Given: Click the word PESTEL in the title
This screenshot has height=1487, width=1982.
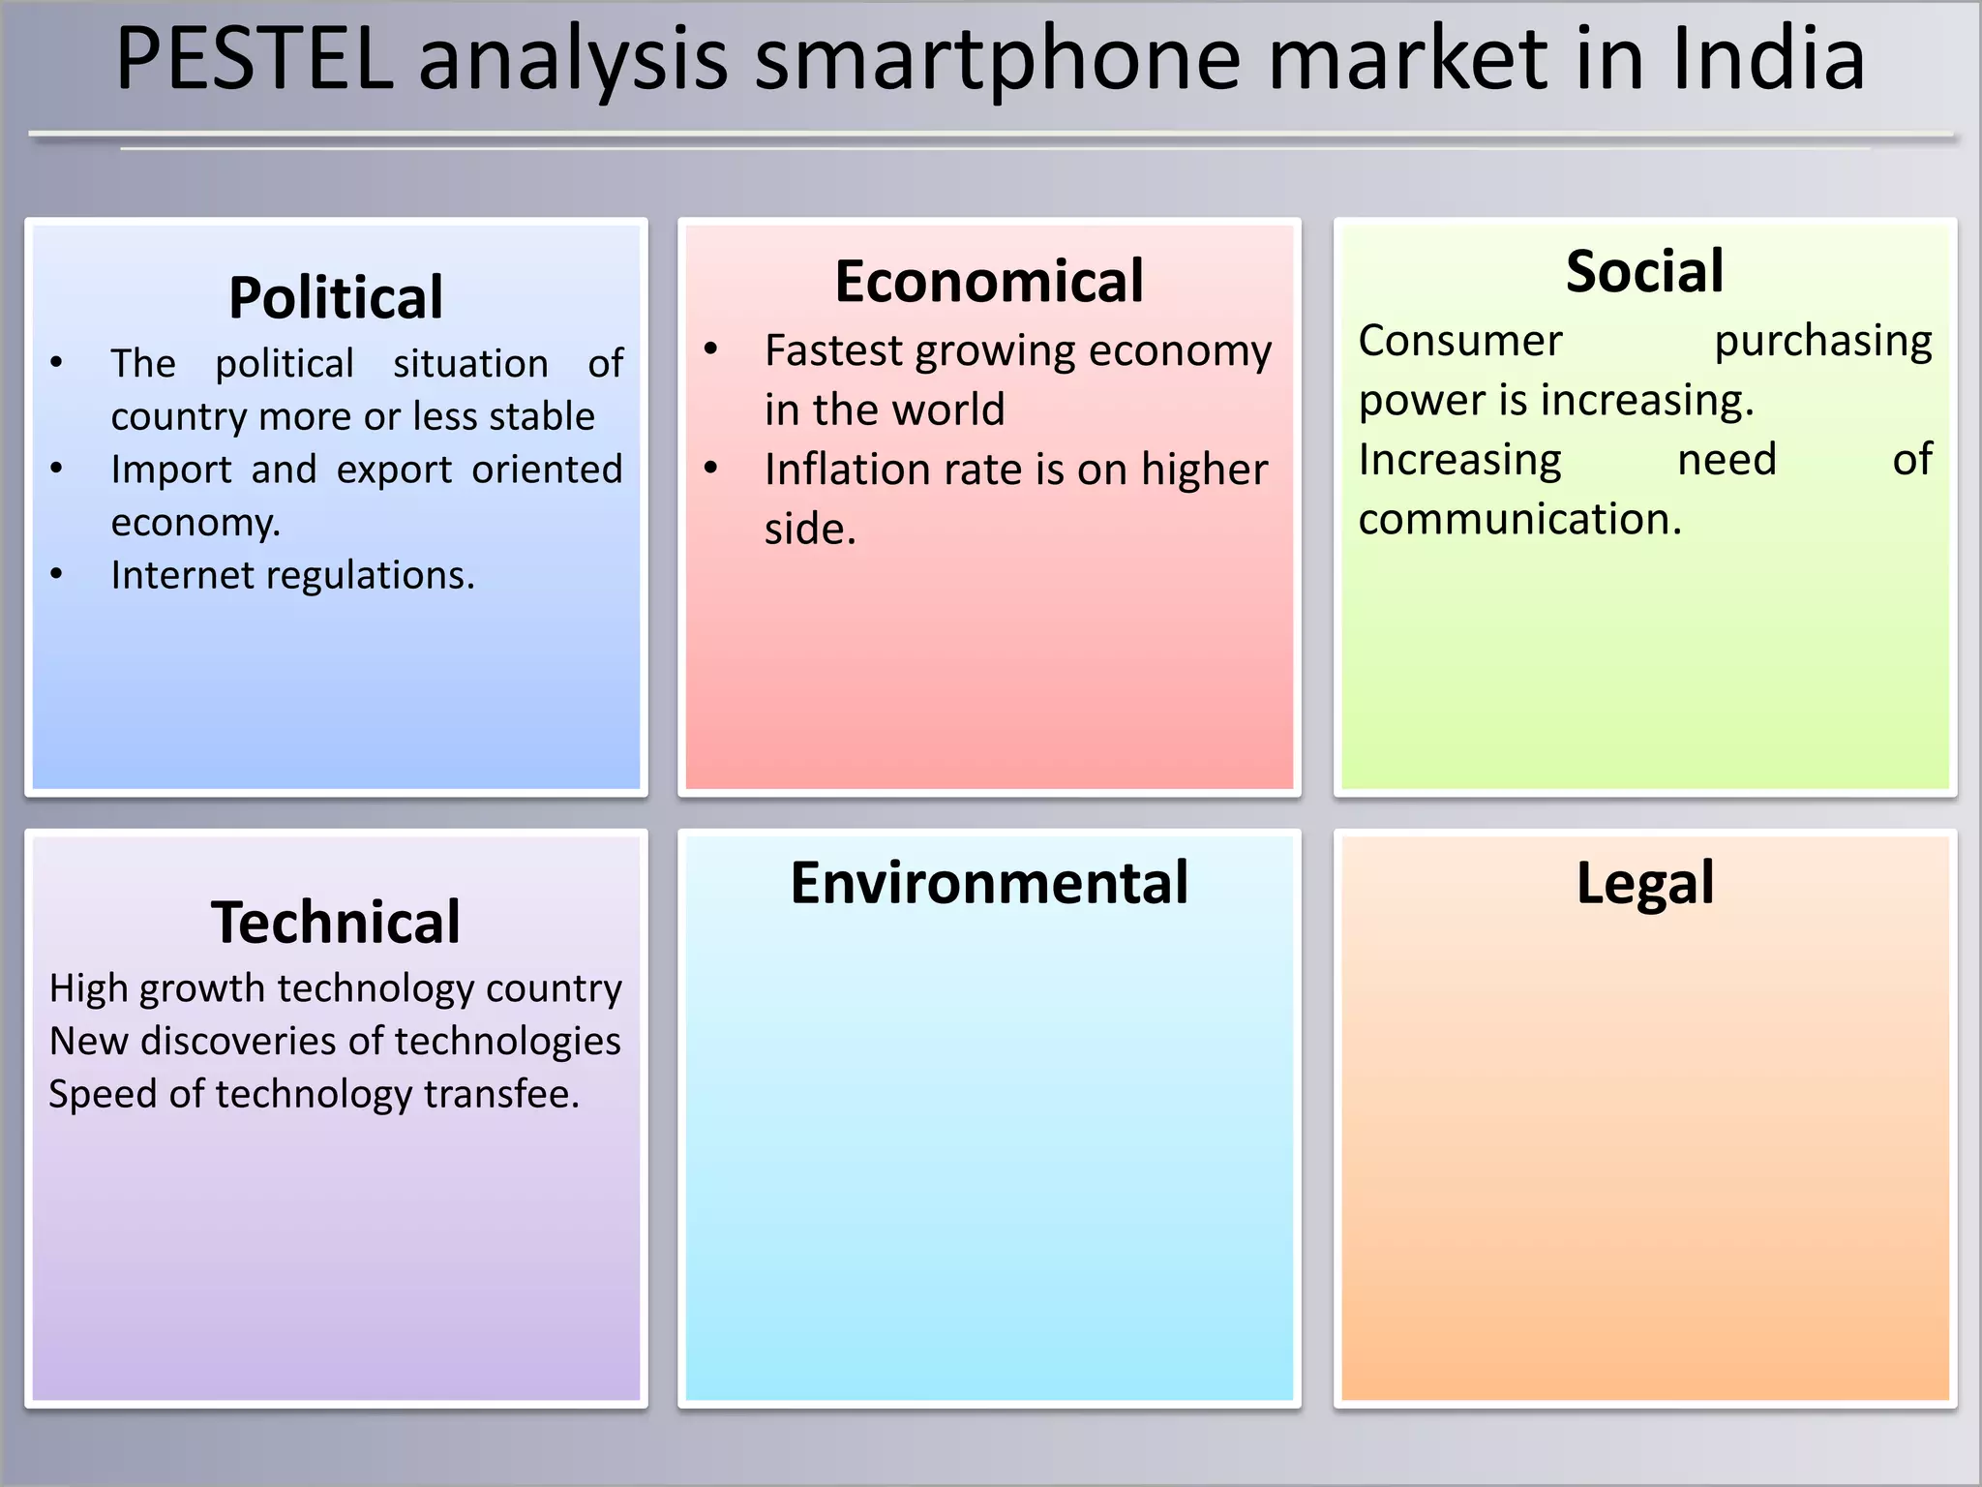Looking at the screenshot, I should point(255,60).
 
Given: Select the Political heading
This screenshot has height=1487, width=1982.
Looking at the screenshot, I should point(336,297).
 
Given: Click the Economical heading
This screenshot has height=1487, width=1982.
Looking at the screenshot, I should point(989,282).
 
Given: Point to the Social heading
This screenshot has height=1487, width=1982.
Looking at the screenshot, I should point(1644,271).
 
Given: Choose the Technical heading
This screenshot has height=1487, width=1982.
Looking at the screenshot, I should point(336,922).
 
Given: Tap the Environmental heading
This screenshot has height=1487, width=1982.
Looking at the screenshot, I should point(989,883).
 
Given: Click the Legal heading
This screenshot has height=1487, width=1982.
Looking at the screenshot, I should point(1644,883).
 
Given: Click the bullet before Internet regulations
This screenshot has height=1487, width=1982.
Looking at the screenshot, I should point(57,575).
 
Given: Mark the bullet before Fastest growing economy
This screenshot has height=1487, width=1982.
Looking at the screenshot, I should point(711,350).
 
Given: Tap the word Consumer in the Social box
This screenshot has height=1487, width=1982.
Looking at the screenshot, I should point(1459,341).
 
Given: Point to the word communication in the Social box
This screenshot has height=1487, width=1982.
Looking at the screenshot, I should point(1519,520).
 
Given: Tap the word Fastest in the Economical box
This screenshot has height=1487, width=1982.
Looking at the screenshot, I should point(832,350).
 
